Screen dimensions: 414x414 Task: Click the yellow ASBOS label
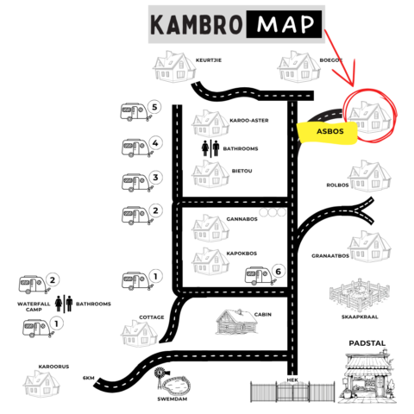pyautogui.click(x=327, y=133)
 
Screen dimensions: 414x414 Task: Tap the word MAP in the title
pyautogui.click(x=285, y=24)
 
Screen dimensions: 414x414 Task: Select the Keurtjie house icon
pyautogui.click(x=174, y=66)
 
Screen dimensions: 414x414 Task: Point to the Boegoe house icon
pyautogui.click(x=298, y=66)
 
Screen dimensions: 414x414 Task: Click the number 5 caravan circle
pyautogui.click(x=154, y=107)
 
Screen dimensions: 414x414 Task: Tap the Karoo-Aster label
pyautogui.click(x=249, y=121)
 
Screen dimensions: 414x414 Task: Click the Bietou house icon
pyautogui.click(x=210, y=174)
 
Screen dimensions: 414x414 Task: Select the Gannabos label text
pyautogui.click(x=241, y=219)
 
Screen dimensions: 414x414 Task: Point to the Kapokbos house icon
pyautogui.click(x=210, y=261)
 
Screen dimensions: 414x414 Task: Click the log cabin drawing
pyautogui.click(x=236, y=322)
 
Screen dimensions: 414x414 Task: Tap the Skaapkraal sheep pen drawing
pyautogui.click(x=360, y=295)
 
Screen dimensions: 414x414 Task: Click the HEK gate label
pyautogui.click(x=292, y=380)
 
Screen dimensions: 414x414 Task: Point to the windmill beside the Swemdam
pyautogui.click(x=160, y=378)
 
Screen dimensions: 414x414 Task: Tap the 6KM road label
pyautogui.click(x=89, y=378)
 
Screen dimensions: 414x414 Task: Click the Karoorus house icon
pyautogui.click(x=41, y=384)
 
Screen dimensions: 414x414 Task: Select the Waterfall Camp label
pyautogui.click(x=34, y=306)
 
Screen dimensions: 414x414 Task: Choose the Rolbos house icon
pyautogui.click(x=369, y=176)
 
